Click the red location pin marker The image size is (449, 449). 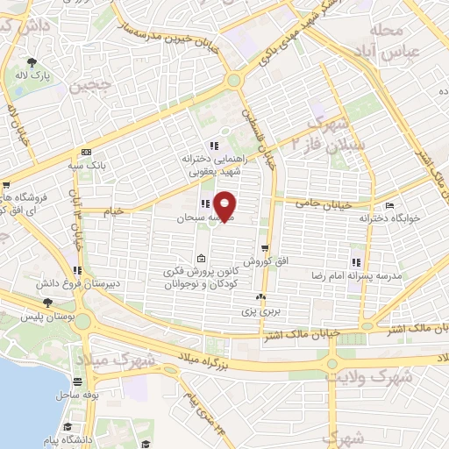(x=225, y=204)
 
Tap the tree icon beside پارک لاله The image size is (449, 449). (x=32, y=61)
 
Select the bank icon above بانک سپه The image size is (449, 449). (x=85, y=151)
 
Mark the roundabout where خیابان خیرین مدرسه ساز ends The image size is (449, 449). (x=233, y=81)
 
